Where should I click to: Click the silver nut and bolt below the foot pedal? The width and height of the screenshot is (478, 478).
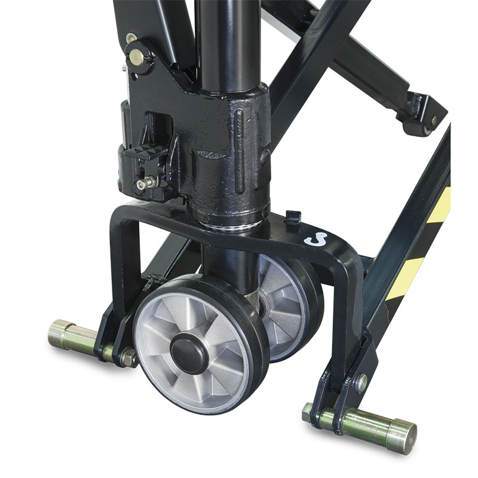coord(145,183)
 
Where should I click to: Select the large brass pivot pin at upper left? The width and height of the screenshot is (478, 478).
coord(137,56)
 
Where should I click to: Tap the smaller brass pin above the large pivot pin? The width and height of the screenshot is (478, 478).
coord(130,38)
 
